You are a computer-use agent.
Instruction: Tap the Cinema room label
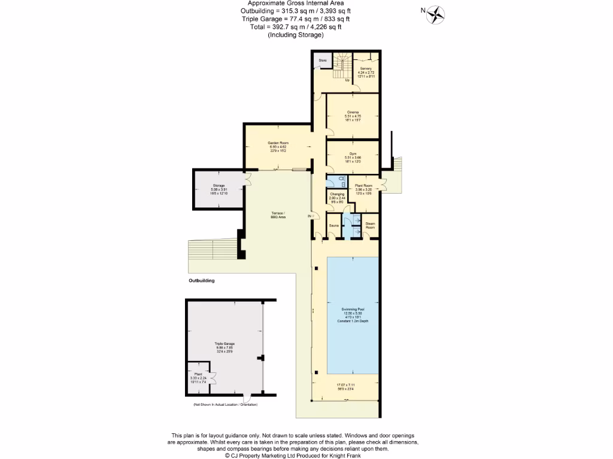coord(353,112)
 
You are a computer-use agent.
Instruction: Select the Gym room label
coord(353,154)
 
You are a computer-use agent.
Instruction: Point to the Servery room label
coord(365,69)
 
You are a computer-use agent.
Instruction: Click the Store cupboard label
coord(322,60)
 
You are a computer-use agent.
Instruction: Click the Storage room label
coord(218,186)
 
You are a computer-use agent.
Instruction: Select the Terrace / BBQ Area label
coord(278,215)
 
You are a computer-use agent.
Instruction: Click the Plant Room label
coord(363,186)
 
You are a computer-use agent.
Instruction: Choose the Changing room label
coord(336,194)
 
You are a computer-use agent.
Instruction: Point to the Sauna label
coord(335,225)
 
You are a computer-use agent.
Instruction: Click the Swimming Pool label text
coord(352,309)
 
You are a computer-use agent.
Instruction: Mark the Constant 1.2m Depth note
coord(352,322)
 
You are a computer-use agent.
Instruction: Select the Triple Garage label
coord(224,344)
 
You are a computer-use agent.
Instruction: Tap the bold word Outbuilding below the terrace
coord(201,280)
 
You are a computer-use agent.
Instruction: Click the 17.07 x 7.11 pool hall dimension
coord(345,385)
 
